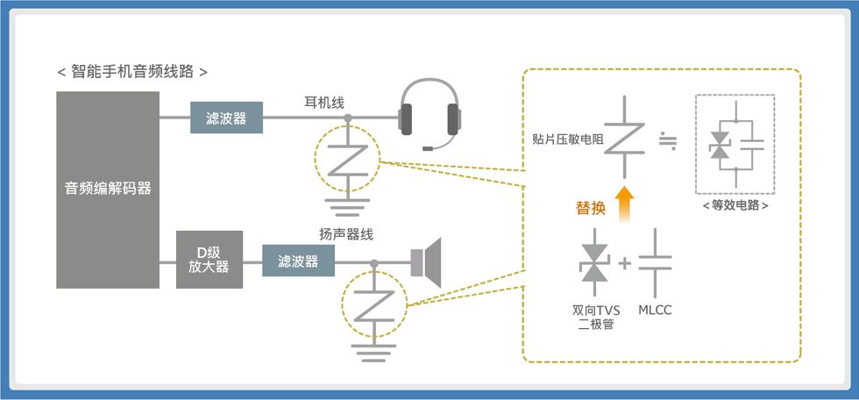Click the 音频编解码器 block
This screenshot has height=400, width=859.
108,189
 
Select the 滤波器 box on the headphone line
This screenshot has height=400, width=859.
226,118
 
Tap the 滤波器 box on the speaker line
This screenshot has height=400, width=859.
298,261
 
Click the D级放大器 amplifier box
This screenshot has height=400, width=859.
209,260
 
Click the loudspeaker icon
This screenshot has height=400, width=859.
426,262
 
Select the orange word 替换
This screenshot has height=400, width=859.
590,208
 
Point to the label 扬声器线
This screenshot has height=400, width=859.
346,234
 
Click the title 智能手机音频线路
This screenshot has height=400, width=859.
132,72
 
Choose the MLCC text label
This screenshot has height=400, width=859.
655,311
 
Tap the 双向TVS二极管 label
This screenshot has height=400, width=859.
596,318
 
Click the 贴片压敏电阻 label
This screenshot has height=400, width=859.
568,139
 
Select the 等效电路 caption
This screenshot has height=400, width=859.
735,206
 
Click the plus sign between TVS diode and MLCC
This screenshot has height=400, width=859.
624,264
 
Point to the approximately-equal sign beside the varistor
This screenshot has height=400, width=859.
668,141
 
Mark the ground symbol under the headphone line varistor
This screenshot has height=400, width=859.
347,207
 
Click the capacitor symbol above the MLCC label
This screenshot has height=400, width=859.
656,263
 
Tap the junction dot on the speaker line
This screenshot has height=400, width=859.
374,263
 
